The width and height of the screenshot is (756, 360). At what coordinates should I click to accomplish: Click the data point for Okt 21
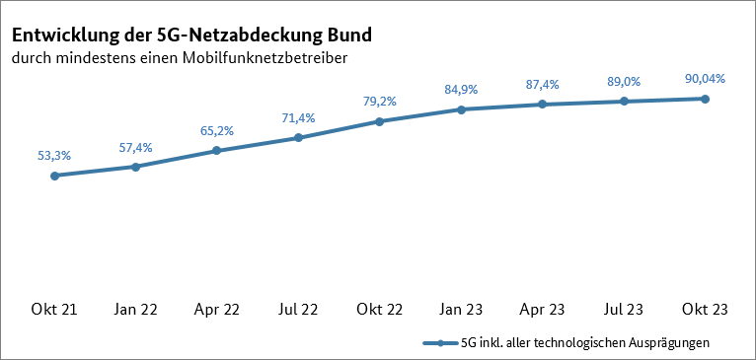pyautogui.click(x=54, y=176)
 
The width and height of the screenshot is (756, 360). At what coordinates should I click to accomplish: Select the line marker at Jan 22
pyautogui.click(x=135, y=167)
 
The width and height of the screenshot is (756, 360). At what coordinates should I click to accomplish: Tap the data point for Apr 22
pyautogui.click(x=217, y=151)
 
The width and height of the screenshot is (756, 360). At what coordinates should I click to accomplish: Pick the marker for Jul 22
pyautogui.click(x=298, y=138)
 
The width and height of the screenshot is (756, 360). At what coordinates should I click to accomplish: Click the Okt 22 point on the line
pyautogui.click(x=380, y=121)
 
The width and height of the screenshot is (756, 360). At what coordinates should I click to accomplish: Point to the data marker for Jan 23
pyautogui.click(x=461, y=109)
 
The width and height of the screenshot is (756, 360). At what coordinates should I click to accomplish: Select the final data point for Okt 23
pyautogui.click(x=705, y=99)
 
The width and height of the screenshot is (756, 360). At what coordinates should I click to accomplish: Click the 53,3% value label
pyautogui.click(x=54, y=155)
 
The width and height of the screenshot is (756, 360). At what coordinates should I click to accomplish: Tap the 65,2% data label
pyautogui.click(x=217, y=130)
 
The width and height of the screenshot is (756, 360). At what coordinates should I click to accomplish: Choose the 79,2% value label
pyautogui.click(x=380, y=101)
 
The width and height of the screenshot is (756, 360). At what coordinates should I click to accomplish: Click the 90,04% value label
pyautogui.click(x=705, y=78)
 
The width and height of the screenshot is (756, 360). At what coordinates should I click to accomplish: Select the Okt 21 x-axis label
pyautogui.click(x=54, y=310)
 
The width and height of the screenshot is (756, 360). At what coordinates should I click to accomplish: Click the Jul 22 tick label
pyautogui.click(x=298, y=310)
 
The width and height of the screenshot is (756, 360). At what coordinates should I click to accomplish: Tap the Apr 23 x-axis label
pyautogui.click(x=543, y=310)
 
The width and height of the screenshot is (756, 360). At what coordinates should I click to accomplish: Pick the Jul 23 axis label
pyautogui.click(x=624, y=310)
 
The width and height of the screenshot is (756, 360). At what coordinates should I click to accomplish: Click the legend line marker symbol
pyautogui.click(x=440, y=343)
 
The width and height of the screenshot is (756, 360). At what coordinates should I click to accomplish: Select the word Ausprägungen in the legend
pyautogui.click(x=668, y=343)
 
